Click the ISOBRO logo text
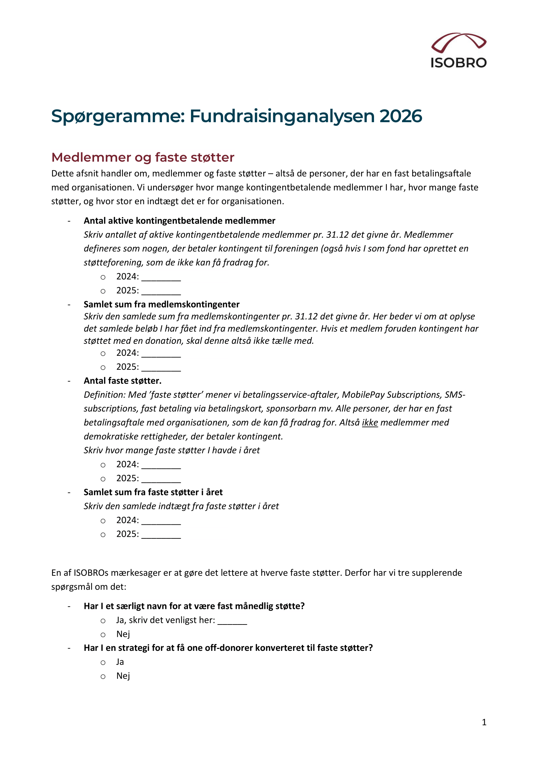[459, 63]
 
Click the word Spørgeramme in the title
[118, 117]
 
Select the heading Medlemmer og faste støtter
[143, 157]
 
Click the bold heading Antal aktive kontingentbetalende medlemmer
[179, 220]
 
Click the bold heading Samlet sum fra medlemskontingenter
[161, 304]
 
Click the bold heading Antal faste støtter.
[122, 381]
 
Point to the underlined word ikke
[370, 422]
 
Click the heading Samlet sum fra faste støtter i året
[153, 492]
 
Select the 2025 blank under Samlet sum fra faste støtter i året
[161, 535]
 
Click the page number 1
[484, 722]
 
